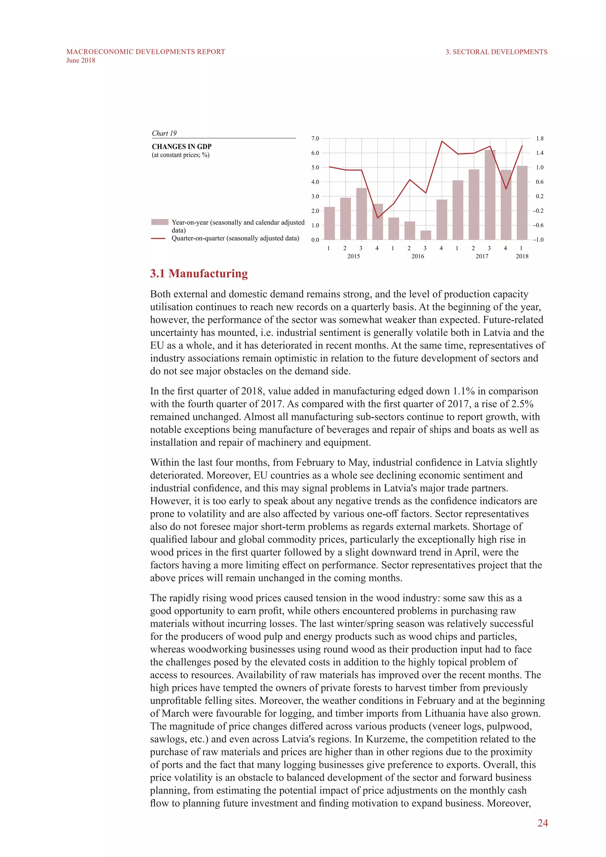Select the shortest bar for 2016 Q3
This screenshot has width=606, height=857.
[426, 235]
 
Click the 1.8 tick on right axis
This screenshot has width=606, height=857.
[540, 138]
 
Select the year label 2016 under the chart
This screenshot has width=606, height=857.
[418, 256]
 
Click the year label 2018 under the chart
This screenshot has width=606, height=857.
[522, 256]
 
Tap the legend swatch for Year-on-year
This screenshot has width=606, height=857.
[160, 222]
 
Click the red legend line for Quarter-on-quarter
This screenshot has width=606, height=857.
[158, 238]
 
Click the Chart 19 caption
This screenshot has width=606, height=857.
[164, 133]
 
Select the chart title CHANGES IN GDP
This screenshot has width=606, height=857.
[181, 147]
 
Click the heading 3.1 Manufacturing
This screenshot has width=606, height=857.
[199, 274]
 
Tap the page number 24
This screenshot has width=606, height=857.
[542, 823]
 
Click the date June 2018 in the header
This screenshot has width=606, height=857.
[80, 60]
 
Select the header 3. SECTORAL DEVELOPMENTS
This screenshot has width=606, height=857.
[496, 52]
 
